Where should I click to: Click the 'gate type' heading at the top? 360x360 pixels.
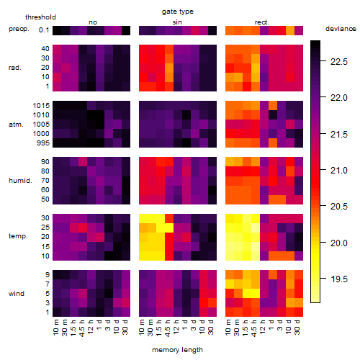[178, 12]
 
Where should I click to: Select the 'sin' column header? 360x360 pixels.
[177, 22]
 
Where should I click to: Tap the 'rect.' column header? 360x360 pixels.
[262, 22]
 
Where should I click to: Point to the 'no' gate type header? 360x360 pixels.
[93, 22]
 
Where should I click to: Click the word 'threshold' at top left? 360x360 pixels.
[40, 17]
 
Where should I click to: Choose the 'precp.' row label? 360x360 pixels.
[19, 29]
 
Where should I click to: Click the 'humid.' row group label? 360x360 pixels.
[20, 180]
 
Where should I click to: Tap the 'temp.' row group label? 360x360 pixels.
[18, 236]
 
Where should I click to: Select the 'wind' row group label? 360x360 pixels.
[17, 294]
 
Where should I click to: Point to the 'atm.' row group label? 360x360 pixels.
[16, 125]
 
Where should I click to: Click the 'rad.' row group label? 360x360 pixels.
[15, 68]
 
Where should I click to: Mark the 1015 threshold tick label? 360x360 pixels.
[41, 106]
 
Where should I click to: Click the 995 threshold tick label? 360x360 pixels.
[43, 143]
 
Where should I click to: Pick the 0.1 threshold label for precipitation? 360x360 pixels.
[44, 30]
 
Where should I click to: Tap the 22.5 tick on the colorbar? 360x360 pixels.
[339, 62]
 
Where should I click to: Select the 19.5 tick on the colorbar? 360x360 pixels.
[339, 279]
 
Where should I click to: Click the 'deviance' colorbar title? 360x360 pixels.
[341, 29]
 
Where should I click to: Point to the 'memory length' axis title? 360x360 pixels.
[177, 350]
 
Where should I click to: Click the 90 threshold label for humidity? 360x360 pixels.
[45, 162]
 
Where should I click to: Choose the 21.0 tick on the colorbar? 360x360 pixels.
[339, 171]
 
